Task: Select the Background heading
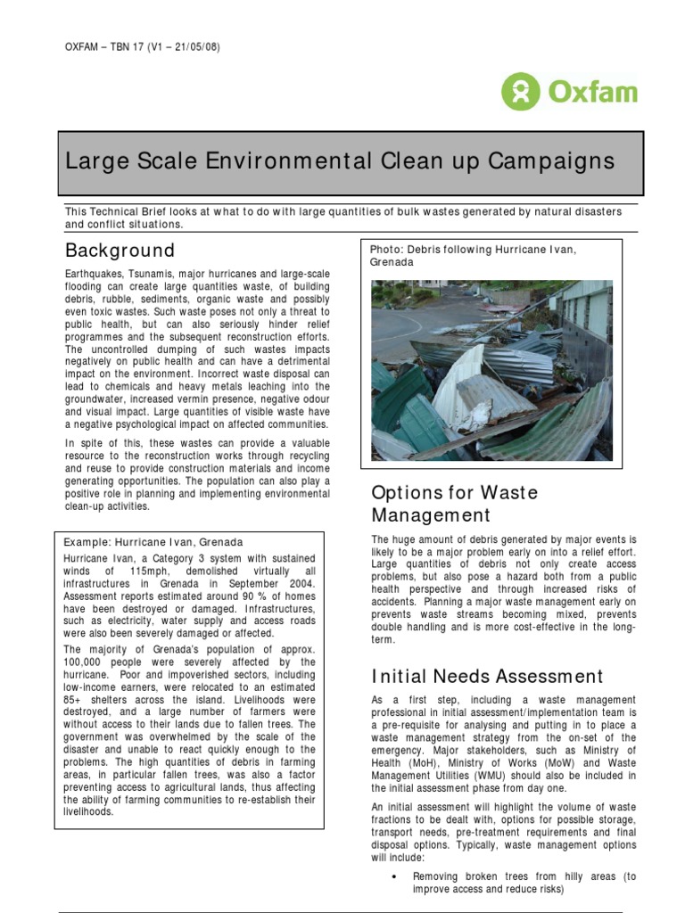(x=120, y=250)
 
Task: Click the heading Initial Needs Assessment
(x=487, y=677)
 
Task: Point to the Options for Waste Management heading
(x=454, y=504)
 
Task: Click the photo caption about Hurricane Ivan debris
(x=473, y=256)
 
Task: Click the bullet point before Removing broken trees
(x=394, y=877)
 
